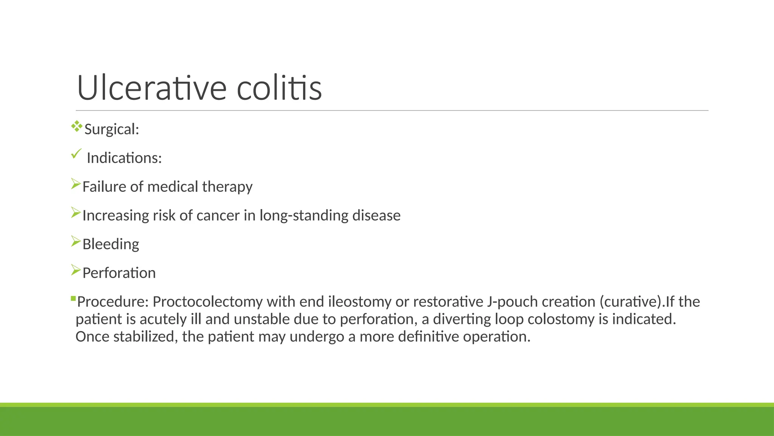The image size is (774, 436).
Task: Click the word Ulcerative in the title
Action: [x=152, y=88]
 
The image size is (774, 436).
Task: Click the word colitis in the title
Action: [x=279, y=88]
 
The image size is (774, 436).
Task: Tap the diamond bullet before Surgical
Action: [x=76, y=126]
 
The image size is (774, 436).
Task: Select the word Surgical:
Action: [x=112, y=129]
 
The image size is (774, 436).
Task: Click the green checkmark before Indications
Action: [x=76, y=154]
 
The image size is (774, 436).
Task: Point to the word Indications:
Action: [x=124, y=158]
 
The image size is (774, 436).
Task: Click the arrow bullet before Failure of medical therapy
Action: [x=76, y=184]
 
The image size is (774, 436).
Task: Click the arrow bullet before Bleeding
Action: [x=76, y=241]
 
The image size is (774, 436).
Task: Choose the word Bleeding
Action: [x=111, y=244]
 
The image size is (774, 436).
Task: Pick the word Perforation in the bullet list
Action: [x=119, y=273]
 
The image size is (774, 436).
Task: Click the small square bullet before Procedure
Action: [x=73, y=299]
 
